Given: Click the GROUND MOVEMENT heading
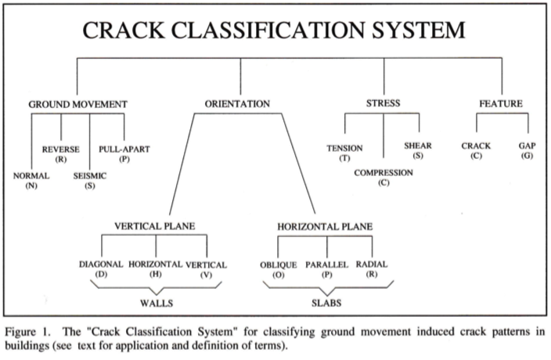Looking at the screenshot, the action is point(77,104).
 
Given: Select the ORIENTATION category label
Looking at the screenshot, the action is point(237,104).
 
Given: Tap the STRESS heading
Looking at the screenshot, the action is point(383,103).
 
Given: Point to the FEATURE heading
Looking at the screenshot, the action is point(501,103).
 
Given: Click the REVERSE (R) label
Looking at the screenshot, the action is point(61,154).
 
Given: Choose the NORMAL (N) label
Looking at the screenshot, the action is point(31,181).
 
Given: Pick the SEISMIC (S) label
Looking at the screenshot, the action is point(89,181).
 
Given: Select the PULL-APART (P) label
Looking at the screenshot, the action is point(124,154).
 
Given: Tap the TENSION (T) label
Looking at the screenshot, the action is point(344,153).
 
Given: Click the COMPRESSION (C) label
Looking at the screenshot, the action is point(384,178).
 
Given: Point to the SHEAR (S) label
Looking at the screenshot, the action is point(418,150).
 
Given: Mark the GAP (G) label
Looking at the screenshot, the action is point(527,151).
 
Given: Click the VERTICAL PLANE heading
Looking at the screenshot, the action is point(155,226).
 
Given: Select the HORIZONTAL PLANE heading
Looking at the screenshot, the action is point(325,226).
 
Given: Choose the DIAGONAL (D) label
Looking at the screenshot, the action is point(101,269).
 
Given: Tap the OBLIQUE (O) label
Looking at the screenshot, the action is point(279,270).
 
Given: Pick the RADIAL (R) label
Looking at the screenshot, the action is point(372,269).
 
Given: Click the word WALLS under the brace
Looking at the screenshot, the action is point(157,303).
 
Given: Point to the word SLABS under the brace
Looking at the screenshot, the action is point(326,303).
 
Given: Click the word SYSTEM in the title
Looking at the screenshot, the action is point(419,30).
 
